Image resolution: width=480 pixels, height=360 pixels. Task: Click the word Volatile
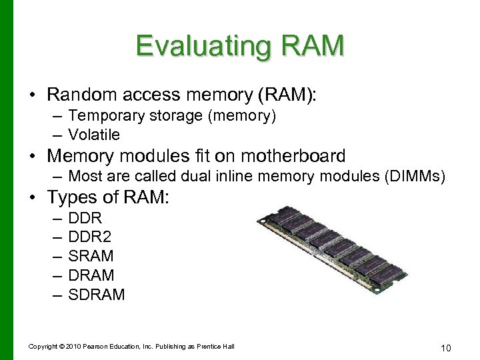tap(94, 135)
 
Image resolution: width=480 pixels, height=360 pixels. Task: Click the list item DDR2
tap(90, 237)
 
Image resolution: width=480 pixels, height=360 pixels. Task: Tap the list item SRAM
tap(91, 256)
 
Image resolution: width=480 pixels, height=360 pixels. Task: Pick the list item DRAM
tap(91, 275)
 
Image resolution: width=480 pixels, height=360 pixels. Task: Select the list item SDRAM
tap(97, 295)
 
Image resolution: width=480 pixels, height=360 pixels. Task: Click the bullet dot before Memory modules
tap(33, 157)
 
